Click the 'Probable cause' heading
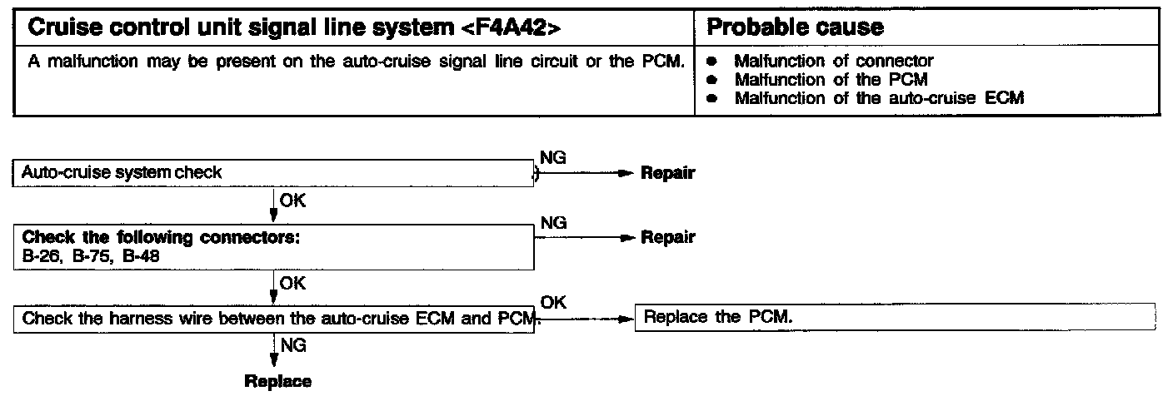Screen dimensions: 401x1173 794,27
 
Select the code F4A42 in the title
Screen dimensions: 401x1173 507,27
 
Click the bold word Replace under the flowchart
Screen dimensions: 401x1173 277,382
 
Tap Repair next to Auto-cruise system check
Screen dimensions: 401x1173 667,174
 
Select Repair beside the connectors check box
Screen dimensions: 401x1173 667,238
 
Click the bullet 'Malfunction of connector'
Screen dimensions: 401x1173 833,61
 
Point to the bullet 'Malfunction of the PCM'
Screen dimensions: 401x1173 831,79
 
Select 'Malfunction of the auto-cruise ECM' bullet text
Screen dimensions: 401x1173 878,98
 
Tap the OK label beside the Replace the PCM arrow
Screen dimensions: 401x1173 553,303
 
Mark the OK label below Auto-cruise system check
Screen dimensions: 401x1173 292,200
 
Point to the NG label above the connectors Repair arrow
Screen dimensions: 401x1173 553,223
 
